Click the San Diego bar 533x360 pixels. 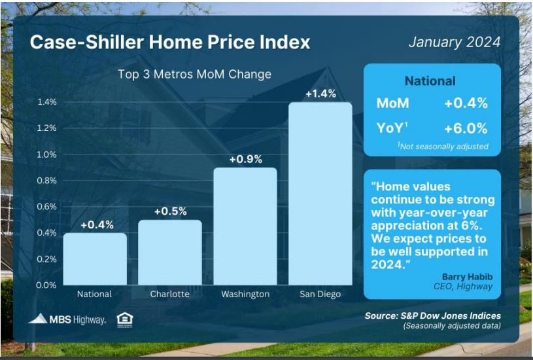click(320, 194)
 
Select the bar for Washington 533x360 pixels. click(245, 226)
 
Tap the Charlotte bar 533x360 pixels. click(170, 253)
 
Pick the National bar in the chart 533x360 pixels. click(95, 259)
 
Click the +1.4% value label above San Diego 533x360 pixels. click(320, 94)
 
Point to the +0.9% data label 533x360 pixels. click(245, 159)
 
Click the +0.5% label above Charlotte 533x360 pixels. click(170, 211)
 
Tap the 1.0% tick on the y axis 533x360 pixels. click(47, 154)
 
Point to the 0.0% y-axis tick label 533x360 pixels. click(46, 285)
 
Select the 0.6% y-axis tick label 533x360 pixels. click(47, 207)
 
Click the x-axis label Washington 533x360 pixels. click(245, 295)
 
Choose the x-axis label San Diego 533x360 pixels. click(320, 295)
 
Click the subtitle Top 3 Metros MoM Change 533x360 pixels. click(194, 74)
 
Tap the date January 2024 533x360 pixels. click(455, 42)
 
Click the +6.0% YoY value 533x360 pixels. click(466, 129)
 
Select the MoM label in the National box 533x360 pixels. click(392, 103)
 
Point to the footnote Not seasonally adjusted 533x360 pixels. click(443, 147)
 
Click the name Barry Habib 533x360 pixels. click(467, 277)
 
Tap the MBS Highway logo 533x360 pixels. click(67, 319)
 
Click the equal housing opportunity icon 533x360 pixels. click(125, 320)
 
